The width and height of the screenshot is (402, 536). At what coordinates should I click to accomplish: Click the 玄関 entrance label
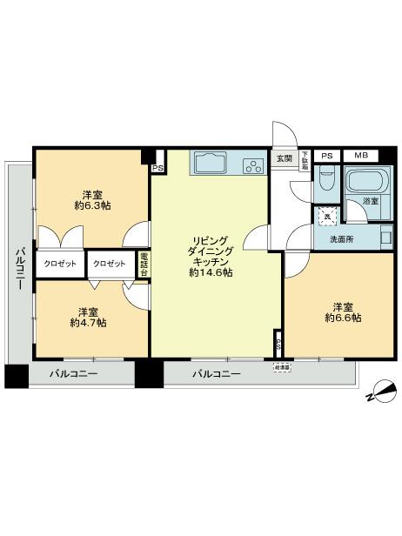coord(285,158)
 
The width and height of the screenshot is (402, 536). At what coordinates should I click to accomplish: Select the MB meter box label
coord(360,156)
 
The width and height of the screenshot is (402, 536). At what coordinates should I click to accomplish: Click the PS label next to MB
coord(326,156)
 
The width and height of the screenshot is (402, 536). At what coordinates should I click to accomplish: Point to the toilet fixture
coord(326,181)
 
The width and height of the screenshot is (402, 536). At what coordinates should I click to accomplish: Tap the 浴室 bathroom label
coord(370,202)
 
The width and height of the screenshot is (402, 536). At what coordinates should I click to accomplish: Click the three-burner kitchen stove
coord(254,164)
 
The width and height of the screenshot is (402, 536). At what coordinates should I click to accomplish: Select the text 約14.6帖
coord(211,272)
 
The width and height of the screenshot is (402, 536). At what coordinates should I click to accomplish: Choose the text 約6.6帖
coord(342,318)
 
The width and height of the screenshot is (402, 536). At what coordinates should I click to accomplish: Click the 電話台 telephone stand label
coord(144,264)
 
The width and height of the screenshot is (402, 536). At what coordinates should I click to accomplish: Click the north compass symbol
coord(377,393)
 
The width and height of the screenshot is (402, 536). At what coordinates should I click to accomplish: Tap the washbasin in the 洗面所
coord(385,237)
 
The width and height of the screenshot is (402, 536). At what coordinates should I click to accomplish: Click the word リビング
coord(211,238)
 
